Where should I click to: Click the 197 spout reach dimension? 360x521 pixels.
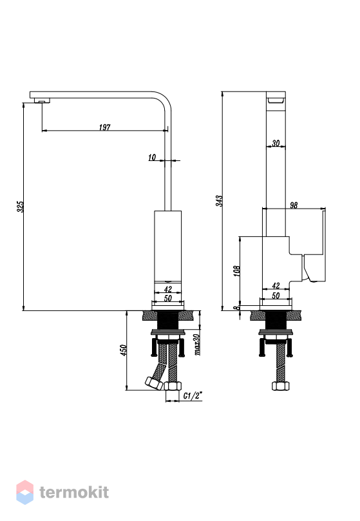[105, 128]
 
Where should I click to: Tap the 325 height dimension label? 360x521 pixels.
[20, 207]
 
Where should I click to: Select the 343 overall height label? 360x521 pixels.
[220, 201]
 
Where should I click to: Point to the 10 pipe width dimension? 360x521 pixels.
[152, 158]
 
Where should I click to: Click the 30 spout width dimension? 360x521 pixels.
[276, 143]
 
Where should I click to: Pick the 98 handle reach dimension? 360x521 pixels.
[294, 205]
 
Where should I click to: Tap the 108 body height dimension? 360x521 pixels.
[237, 270]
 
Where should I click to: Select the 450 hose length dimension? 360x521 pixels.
[123, 350]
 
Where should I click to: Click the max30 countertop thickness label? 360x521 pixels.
[197, 345]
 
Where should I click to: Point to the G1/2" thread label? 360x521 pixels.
[193, 395]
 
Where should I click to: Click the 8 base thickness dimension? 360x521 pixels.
[237, 308]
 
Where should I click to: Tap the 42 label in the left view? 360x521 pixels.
[168, 289]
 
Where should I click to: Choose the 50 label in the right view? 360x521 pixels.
[276, 296]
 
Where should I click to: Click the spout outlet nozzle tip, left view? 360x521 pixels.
[42, 101]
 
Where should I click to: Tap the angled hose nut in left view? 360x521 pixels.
[154, 383]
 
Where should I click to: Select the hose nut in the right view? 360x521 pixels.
[281, 386]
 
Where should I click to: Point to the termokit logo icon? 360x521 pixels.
[25, 492]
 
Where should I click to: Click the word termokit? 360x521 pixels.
[74, 493]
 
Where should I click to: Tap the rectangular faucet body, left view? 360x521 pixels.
[168, 256]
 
